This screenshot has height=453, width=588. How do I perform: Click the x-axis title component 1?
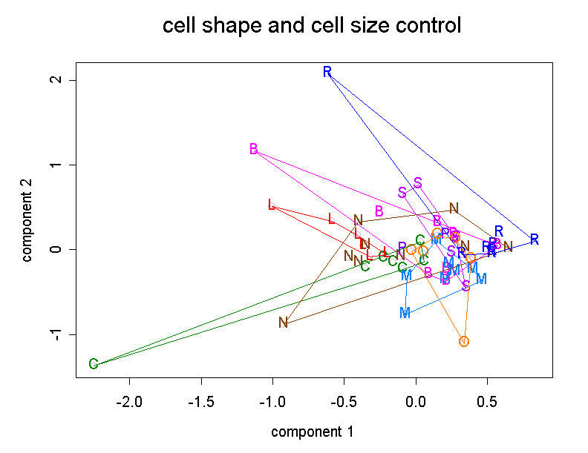point(312,431)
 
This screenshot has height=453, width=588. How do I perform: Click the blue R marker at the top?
point(327,72)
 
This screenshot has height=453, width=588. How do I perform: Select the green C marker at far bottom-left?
point(94,364)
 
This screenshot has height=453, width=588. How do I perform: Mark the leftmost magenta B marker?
point(254,149)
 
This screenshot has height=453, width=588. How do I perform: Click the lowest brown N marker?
point(283,323)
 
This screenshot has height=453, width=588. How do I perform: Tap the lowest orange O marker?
point(464,342)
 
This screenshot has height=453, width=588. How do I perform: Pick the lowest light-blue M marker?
point(405,313)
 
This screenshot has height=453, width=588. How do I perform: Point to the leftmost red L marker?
point(272,205)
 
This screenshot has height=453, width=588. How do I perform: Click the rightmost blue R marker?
point(535,239)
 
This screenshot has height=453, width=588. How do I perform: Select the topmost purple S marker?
point(418,182)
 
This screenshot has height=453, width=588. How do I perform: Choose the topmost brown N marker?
point(454,208)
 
